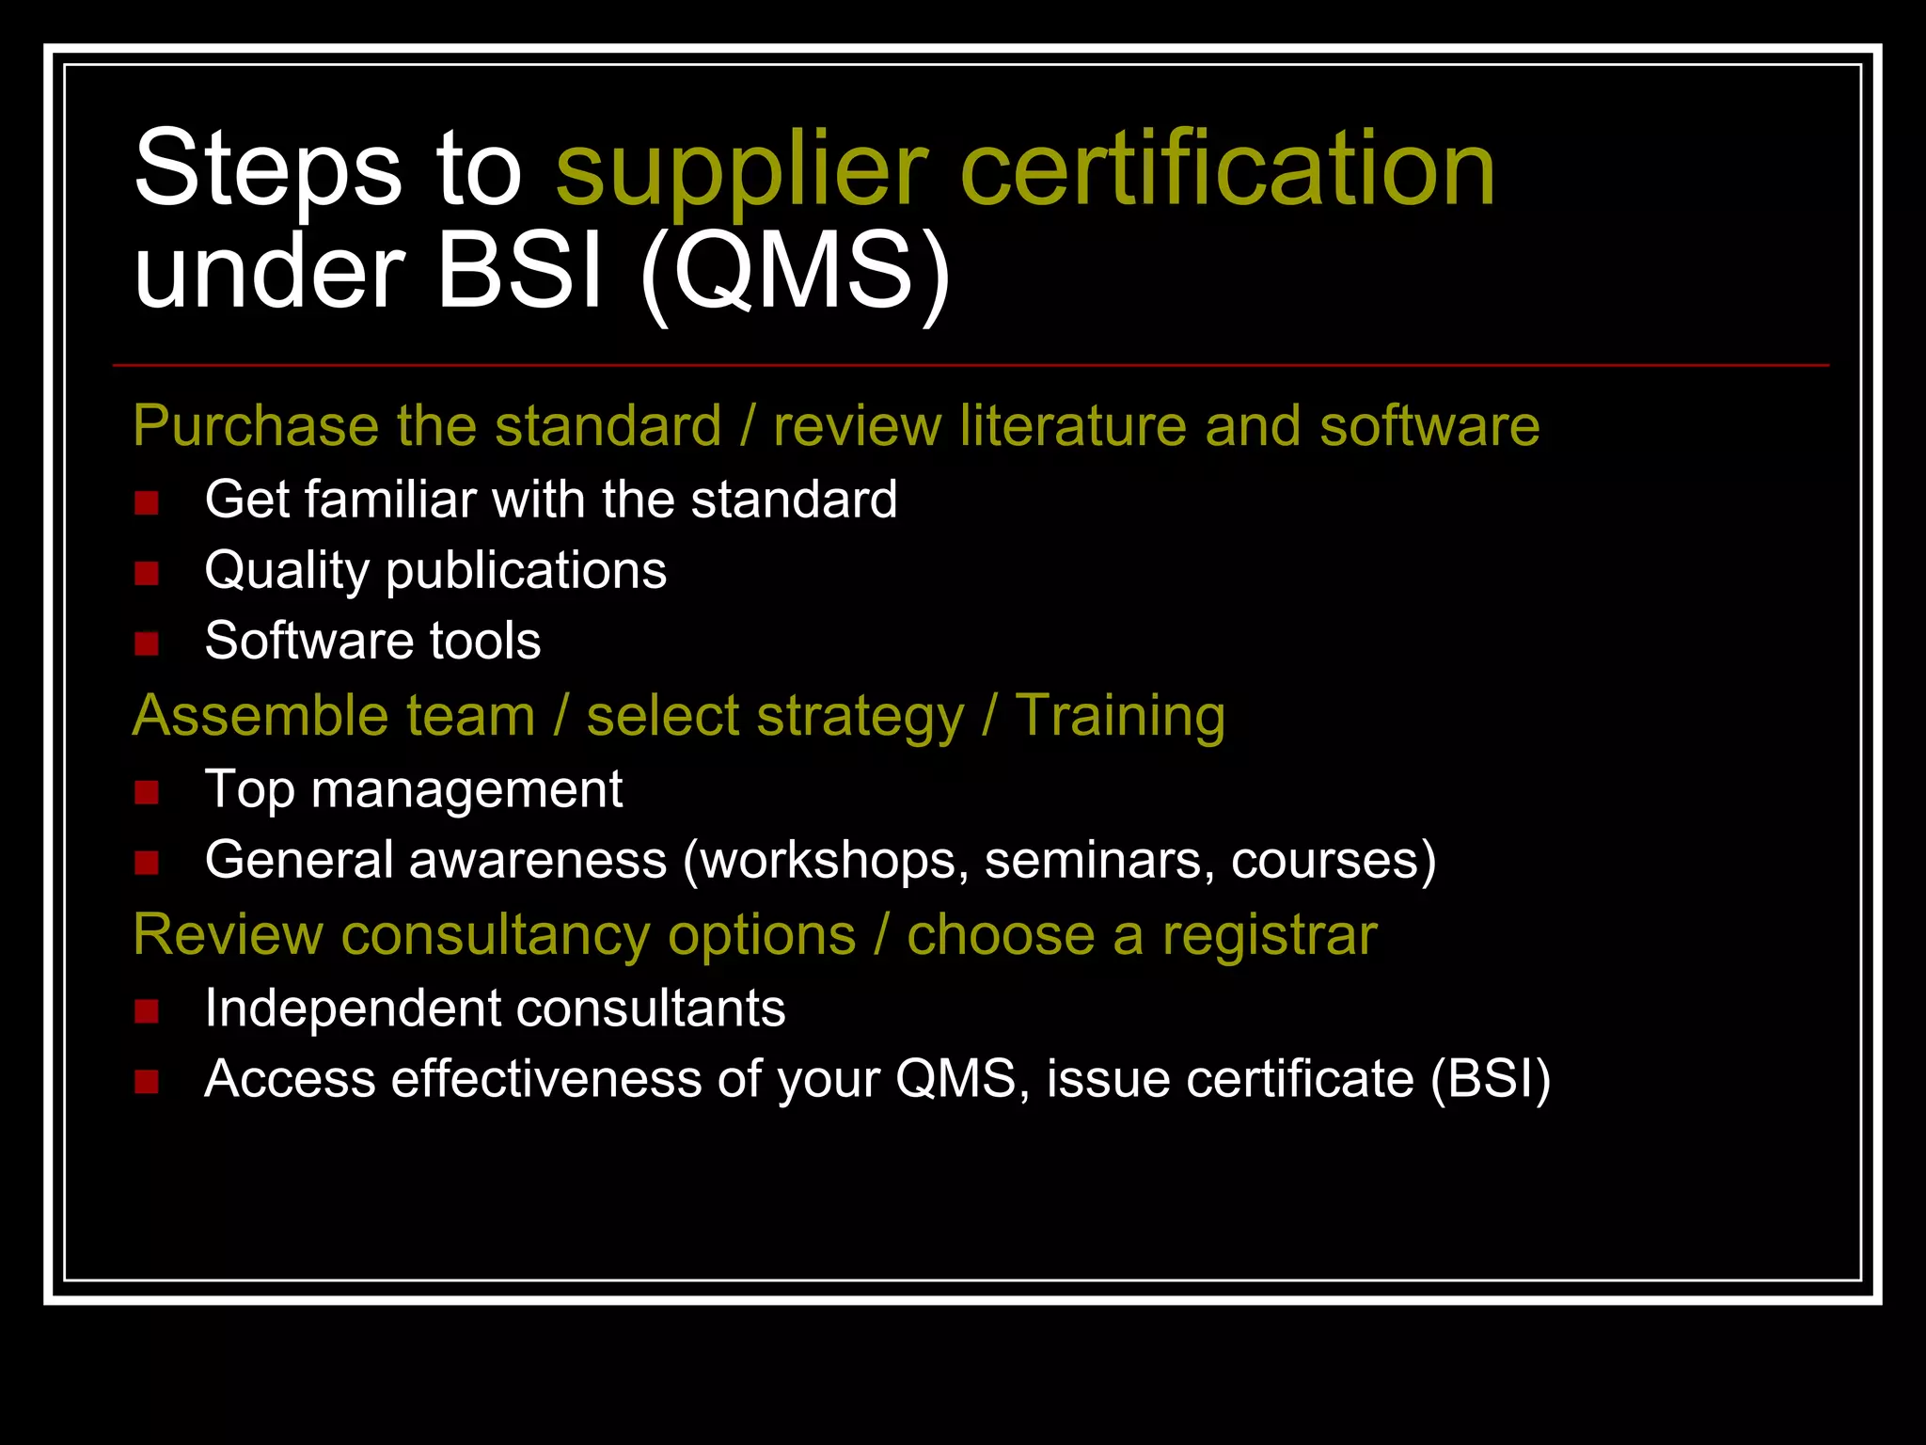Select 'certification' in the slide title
coord(1227,169)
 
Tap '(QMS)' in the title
coord(795,273)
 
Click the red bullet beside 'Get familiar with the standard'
coord(147,502)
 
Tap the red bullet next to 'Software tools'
coord(147,643)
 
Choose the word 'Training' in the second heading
coord(1120,716)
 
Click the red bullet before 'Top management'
coord(147,792)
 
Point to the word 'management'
coord(466,789)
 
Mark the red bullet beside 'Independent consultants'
coord(147,1011)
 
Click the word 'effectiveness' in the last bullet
coord(546,1078)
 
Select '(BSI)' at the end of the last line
coord(1491,1078)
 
